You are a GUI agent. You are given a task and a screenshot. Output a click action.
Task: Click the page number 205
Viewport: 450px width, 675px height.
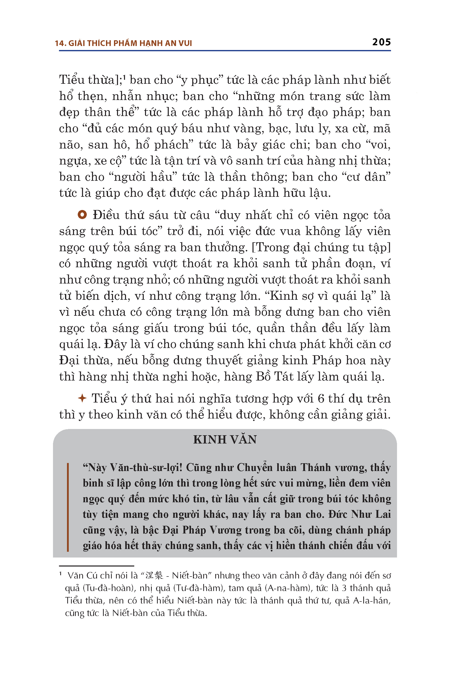[381, 42]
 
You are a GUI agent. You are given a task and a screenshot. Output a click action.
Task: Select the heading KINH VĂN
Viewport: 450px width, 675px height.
[225, 439]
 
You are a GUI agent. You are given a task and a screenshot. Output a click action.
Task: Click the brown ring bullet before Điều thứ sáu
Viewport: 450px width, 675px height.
[82, 215]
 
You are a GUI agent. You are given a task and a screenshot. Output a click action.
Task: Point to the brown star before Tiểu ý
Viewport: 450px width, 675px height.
[82, 398]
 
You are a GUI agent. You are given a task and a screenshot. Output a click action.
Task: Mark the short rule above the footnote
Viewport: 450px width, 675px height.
[97, 566]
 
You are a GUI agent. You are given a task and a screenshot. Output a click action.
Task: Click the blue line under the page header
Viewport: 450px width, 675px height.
[225, 51]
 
